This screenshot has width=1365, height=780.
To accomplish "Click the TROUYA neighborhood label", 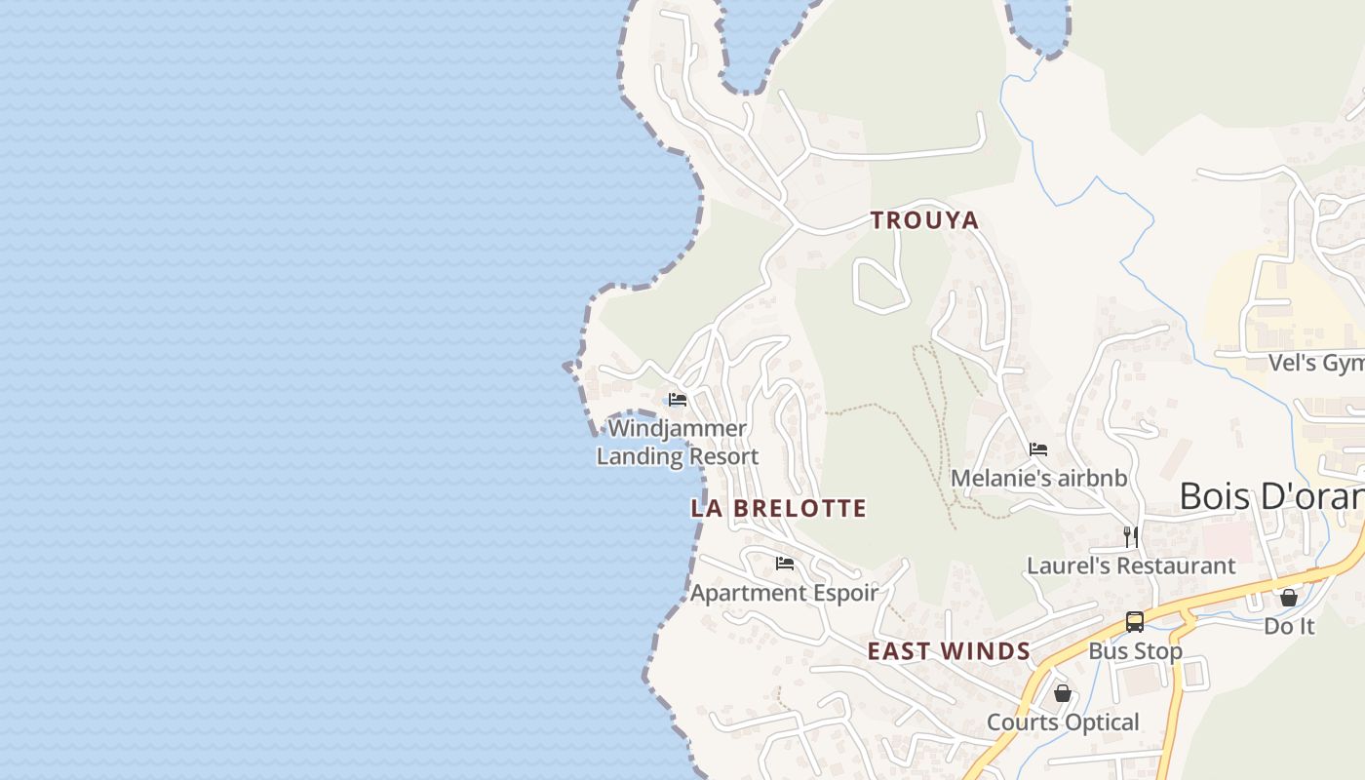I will [x=924, y=220].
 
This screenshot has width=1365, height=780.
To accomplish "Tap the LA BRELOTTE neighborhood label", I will [x=778, y=508].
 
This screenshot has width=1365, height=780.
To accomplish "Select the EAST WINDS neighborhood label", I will [x=949, y=651].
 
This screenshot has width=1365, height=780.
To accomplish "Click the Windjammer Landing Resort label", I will [x=678, y=443].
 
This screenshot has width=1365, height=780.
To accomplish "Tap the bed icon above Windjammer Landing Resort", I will [x=678, y=400].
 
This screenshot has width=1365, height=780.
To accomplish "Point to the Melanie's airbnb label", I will [x=1038, y=479].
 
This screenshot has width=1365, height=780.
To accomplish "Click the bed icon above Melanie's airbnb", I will [x=1038, y=449].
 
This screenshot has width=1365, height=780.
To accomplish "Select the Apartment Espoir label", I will [x=784, y=593].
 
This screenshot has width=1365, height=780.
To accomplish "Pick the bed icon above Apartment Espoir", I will [x=784, y=564].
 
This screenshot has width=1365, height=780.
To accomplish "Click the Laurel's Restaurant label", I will [x=1131, y=565].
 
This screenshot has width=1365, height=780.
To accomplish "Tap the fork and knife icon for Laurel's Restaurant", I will [x=1131, y=536].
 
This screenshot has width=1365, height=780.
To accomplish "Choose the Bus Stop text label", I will [x=1135, y=651].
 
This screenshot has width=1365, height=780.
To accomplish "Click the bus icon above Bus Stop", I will [x=1135, y=622].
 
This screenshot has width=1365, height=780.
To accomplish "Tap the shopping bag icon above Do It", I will [x=1289, y=598].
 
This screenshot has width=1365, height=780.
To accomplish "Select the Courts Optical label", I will [x=1063, y=722].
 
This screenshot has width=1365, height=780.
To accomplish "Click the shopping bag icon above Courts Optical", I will [x=1063, y=693].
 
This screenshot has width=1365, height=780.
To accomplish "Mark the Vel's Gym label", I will [x=1315, y=364].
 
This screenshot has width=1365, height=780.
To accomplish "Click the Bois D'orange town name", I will [x=1270, y=496].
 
